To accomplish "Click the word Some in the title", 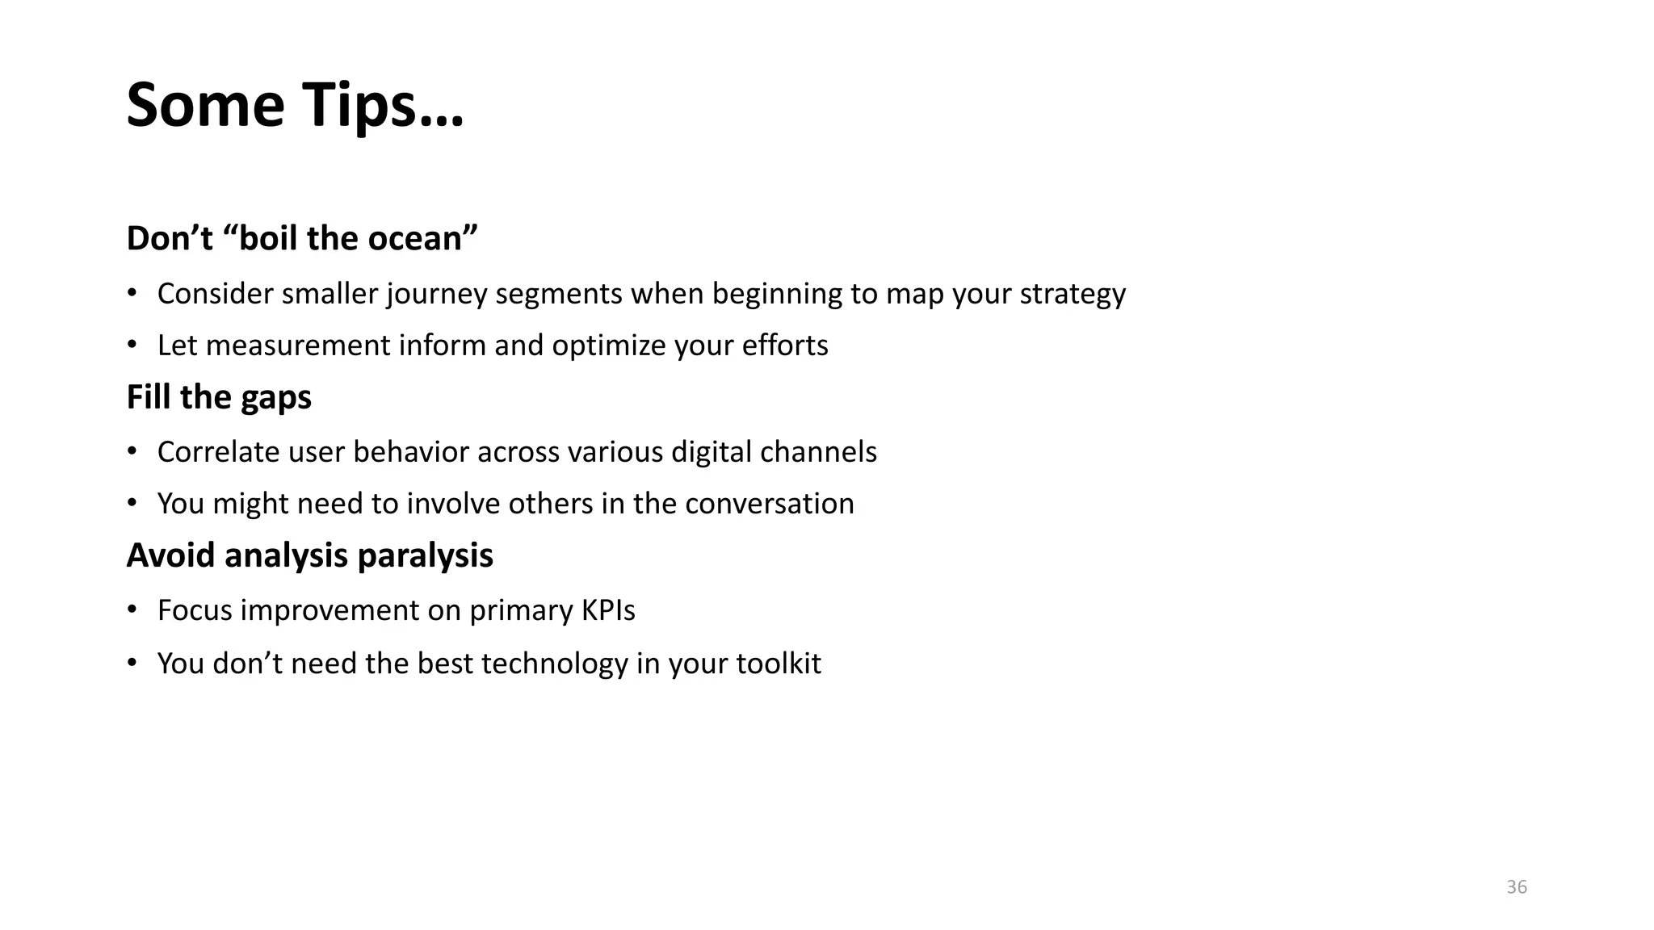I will point(206,106).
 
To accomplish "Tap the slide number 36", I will point(1517,887).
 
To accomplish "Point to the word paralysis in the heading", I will point(425,555).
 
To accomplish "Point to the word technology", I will point(554,664).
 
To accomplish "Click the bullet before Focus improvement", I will point(132,610).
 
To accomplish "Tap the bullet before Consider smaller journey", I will point(132,294).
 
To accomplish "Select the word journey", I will point(437,294).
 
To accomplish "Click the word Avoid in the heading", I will point(171,555).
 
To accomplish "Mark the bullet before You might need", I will point(132,504).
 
